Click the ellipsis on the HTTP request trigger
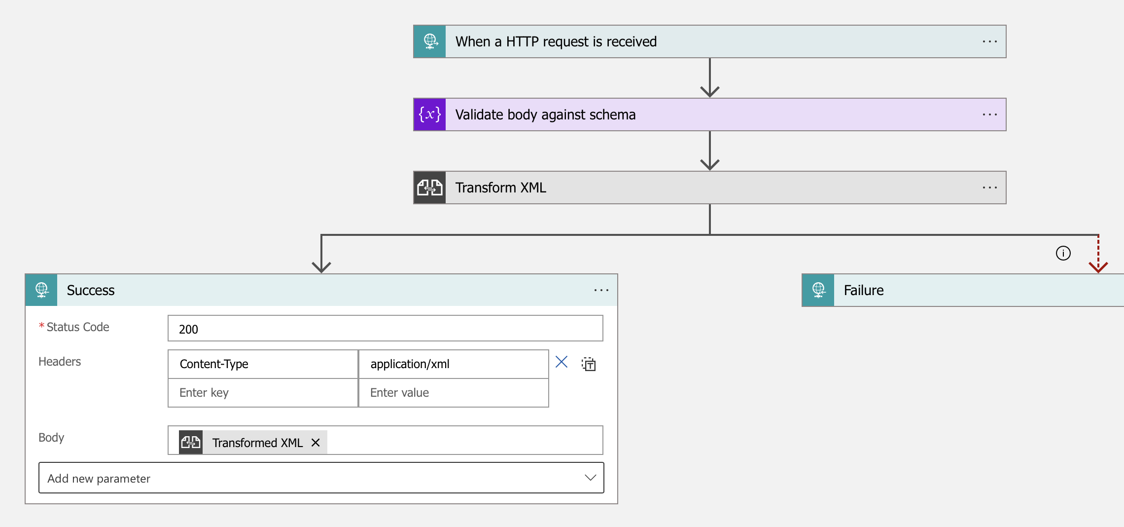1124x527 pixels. pyautogui.click(x=989, y=42)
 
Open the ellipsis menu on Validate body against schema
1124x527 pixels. pyautogui.click(x=989, y=115)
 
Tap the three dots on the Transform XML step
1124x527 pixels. pyautogui.click(x=989, y=188)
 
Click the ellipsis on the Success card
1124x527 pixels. pyautogui.click(x=601, y=291)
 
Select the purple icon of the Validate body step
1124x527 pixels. pyautogui.click(x=430, y=115)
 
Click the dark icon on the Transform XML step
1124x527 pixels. pyautogui.click(x=430, y=188)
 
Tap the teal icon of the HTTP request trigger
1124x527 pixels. pyautogui.click(x=430, y=42)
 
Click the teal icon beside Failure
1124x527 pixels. pyautogui.click(x=818, y=291)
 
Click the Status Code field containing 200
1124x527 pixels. pyautogui.click(x=385, y=329)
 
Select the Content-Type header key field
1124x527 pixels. pyautogui.click(x=263, y=364)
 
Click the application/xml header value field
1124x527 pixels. pyautogui.click(x=454, y=364)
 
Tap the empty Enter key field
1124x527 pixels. pyautogui.click(x=263, y=393)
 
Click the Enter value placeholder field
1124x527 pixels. pyautogui.click(x=454, y=393)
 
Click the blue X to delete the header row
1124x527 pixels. pyautogui.click(x=562, y=362)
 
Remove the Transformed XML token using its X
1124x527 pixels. pyautogui.click(x=316, y=443)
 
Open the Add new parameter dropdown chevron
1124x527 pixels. pyautogui.click(x=590, y=478)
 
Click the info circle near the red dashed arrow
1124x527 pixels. pyautogui.click(x=1063, y=253)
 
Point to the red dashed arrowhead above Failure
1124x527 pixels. pyautogui.click(x=1098, y=267)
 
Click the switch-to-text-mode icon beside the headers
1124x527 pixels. pyautogui.click(x=589, y=364)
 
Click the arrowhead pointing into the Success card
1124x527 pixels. pyautogui.click(x=321, y=267)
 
